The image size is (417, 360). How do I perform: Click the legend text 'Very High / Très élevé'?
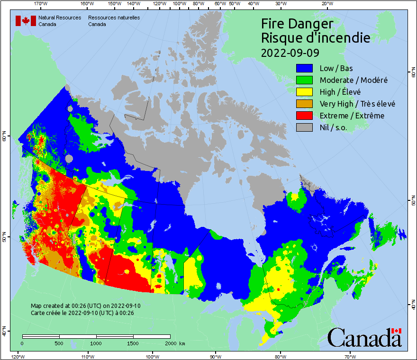point(357,104)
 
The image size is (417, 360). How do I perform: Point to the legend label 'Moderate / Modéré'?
point(354,80)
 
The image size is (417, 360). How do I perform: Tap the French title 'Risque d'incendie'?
point(316,38)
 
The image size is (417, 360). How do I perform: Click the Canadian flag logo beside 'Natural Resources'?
point(26,21)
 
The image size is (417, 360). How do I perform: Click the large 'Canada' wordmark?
point(364,338)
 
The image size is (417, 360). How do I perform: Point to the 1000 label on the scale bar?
point(96,343)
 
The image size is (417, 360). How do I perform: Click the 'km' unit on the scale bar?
point(182,343)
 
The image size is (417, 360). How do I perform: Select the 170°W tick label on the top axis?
point(41,4)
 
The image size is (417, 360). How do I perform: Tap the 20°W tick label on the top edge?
point(326,4)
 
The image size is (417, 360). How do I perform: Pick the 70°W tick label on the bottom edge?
point(350,356)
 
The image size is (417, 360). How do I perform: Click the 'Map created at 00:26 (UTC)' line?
point(85,306)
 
